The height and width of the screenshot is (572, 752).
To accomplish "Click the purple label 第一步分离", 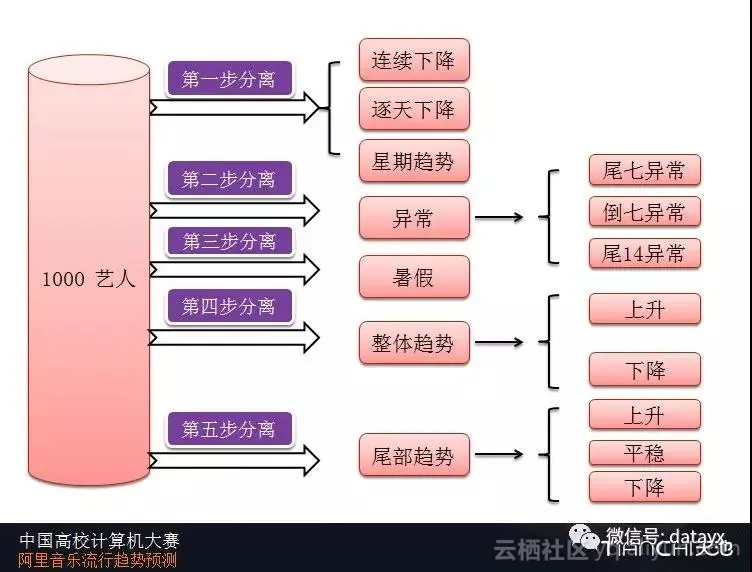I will pos(229,78).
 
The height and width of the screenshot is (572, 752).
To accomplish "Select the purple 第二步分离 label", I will pos(229,180).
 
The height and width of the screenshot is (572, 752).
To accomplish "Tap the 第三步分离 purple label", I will pos(229,241).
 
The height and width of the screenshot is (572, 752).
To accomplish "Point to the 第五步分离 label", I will pos(229,430).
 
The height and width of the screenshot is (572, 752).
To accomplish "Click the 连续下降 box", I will pos(414,60).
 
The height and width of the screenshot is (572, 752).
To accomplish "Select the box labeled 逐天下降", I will pos(414,108).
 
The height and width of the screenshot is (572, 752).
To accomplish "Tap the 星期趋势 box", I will pos(414,160).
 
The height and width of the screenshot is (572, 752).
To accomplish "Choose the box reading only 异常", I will pos(414,218).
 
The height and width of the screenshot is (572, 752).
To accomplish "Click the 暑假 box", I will pos(414,277).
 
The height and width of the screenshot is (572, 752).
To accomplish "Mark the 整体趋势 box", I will pos(414,343).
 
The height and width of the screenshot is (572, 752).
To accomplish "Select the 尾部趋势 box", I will pos(414,457).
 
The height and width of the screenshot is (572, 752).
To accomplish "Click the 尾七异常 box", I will pos(644,170).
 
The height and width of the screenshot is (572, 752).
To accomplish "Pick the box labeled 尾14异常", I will pos(644,253).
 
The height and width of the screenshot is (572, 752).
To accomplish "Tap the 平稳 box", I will pos(644,454).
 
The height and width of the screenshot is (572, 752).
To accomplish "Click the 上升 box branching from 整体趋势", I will pos(644,310).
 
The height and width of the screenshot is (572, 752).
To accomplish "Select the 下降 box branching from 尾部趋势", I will pos(644,488).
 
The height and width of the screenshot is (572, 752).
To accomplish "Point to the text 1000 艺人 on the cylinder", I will pos(88,279).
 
